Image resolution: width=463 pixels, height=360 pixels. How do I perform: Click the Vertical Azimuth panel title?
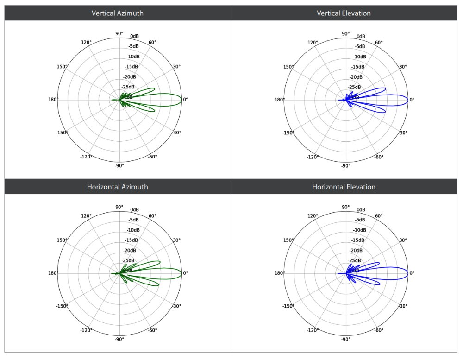pyautogui.click(x=118, y=13)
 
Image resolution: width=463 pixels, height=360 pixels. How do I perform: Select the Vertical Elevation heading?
pyautogui.click(x=344, y=13)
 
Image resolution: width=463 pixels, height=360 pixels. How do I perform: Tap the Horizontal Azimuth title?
pyautogui.click(x=118, y=187)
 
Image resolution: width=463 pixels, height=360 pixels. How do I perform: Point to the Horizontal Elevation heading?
pyautogui.click(x=344, y=187)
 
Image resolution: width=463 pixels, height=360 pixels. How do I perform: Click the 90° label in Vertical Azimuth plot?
pyautogui.click(x=119, y=33)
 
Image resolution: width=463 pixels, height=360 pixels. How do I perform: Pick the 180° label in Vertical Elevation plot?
pyautogui.click(x=279, y=100)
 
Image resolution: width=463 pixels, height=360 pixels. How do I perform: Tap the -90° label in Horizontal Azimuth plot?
pyautogui.click(x=119, y=339)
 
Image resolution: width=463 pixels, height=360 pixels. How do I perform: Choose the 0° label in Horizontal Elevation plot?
pyautogui.click(x=412, y=273)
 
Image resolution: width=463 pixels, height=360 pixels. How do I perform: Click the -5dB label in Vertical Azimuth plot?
pyautogui.click(x=133, y=46)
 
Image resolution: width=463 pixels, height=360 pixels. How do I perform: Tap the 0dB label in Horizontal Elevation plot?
pyautogui.click(x=361, y=209)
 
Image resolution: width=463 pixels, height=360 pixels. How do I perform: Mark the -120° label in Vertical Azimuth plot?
pyautogui.click(x=86, y=157)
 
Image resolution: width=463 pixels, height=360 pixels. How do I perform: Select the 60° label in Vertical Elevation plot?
pyautogui.click(x=378, y=43)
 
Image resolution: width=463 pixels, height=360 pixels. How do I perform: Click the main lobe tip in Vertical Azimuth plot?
pyautogui.click(x=181, y=100)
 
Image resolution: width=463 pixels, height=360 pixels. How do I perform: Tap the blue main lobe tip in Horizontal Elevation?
pyautogui.click(x=408, y=273)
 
